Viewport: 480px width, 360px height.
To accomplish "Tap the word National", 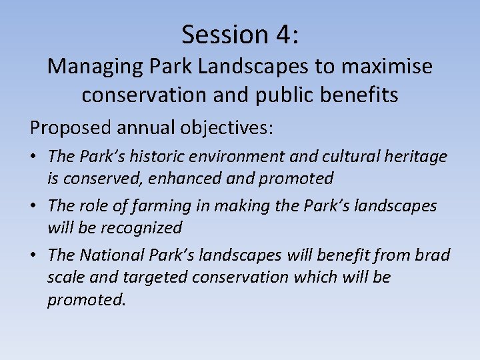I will point(114,255).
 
